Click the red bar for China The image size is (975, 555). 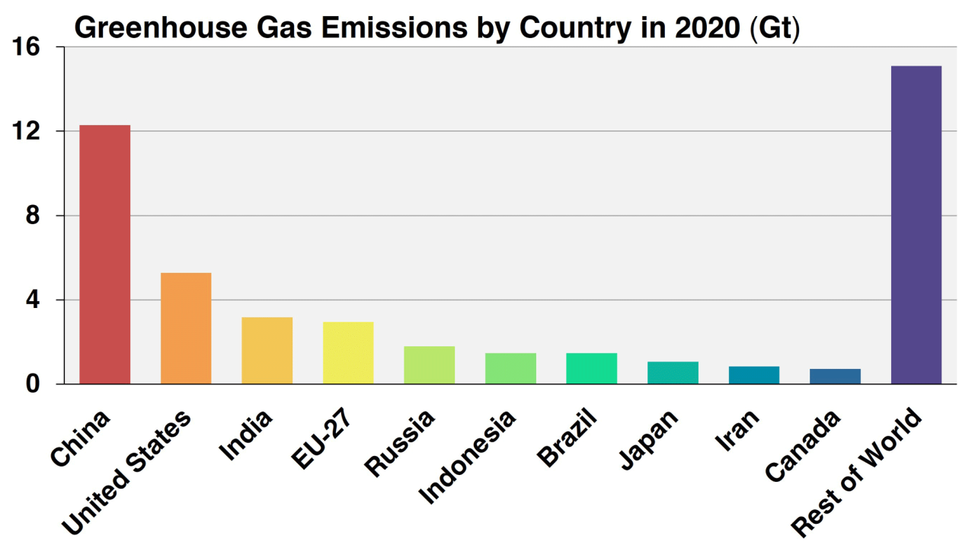click(x=105, y=254)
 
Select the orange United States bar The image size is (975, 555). click(x=186, y=328)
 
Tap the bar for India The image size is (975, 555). click(x=267, y=350)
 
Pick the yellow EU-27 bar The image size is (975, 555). click(x=348, y=352)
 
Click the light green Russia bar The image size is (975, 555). click(x=430, y=365)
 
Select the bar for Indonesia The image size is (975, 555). click(x=510, y=368)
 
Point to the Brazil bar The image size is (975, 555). click(x=591, y=368)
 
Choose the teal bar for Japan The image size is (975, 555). click(x=673, y=373)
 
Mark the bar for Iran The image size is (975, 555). click(x=754, y=375)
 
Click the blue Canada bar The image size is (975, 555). click(x=835, y=376)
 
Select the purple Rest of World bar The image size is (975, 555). click(x=916, y=225)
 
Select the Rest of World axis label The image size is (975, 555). click(x=857, y=473)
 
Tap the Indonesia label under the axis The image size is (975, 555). click(x=468, y=457)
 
